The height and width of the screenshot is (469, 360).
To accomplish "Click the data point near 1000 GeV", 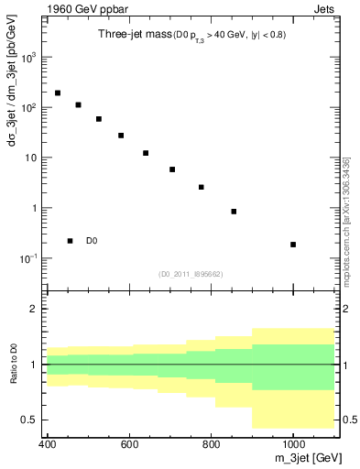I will click(x=293, y=245).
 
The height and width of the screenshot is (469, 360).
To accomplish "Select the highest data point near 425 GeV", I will click(x=58, y=93).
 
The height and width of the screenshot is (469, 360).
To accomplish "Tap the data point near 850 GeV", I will click(x=235, y=212).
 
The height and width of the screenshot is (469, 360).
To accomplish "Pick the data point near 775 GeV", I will click(x=202, y=187).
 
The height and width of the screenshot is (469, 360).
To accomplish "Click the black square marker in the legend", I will click(x=71, y=241).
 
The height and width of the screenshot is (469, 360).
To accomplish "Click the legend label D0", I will click(x=92, y=241).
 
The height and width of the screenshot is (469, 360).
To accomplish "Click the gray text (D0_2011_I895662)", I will click(x=190, y=273).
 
